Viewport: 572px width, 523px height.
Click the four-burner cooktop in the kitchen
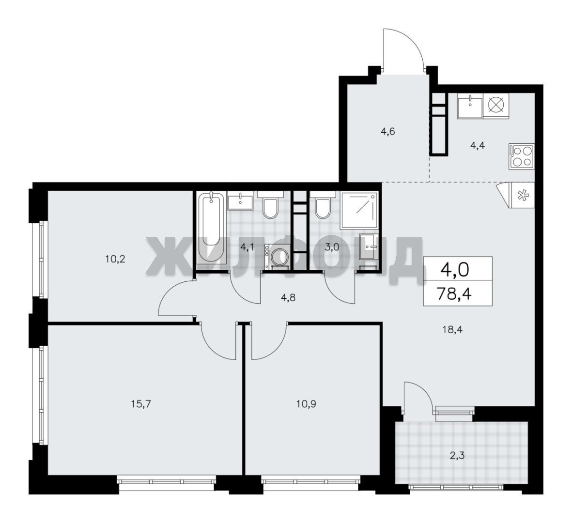(x=522, y=156)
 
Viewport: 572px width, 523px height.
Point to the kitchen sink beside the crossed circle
(x=470, y=106)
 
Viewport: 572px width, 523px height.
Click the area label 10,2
(x=115, y=259)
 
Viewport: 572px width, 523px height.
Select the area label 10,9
(x=306, y=404)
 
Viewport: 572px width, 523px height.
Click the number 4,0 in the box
(x=455, y=270)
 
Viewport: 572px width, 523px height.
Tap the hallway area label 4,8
(x=288, y=298)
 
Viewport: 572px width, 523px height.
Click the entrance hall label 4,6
(x=388, y=131)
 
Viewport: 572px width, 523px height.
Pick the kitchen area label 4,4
(x=478, y=146)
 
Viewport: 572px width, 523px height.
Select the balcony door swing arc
(x=423, y=391)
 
